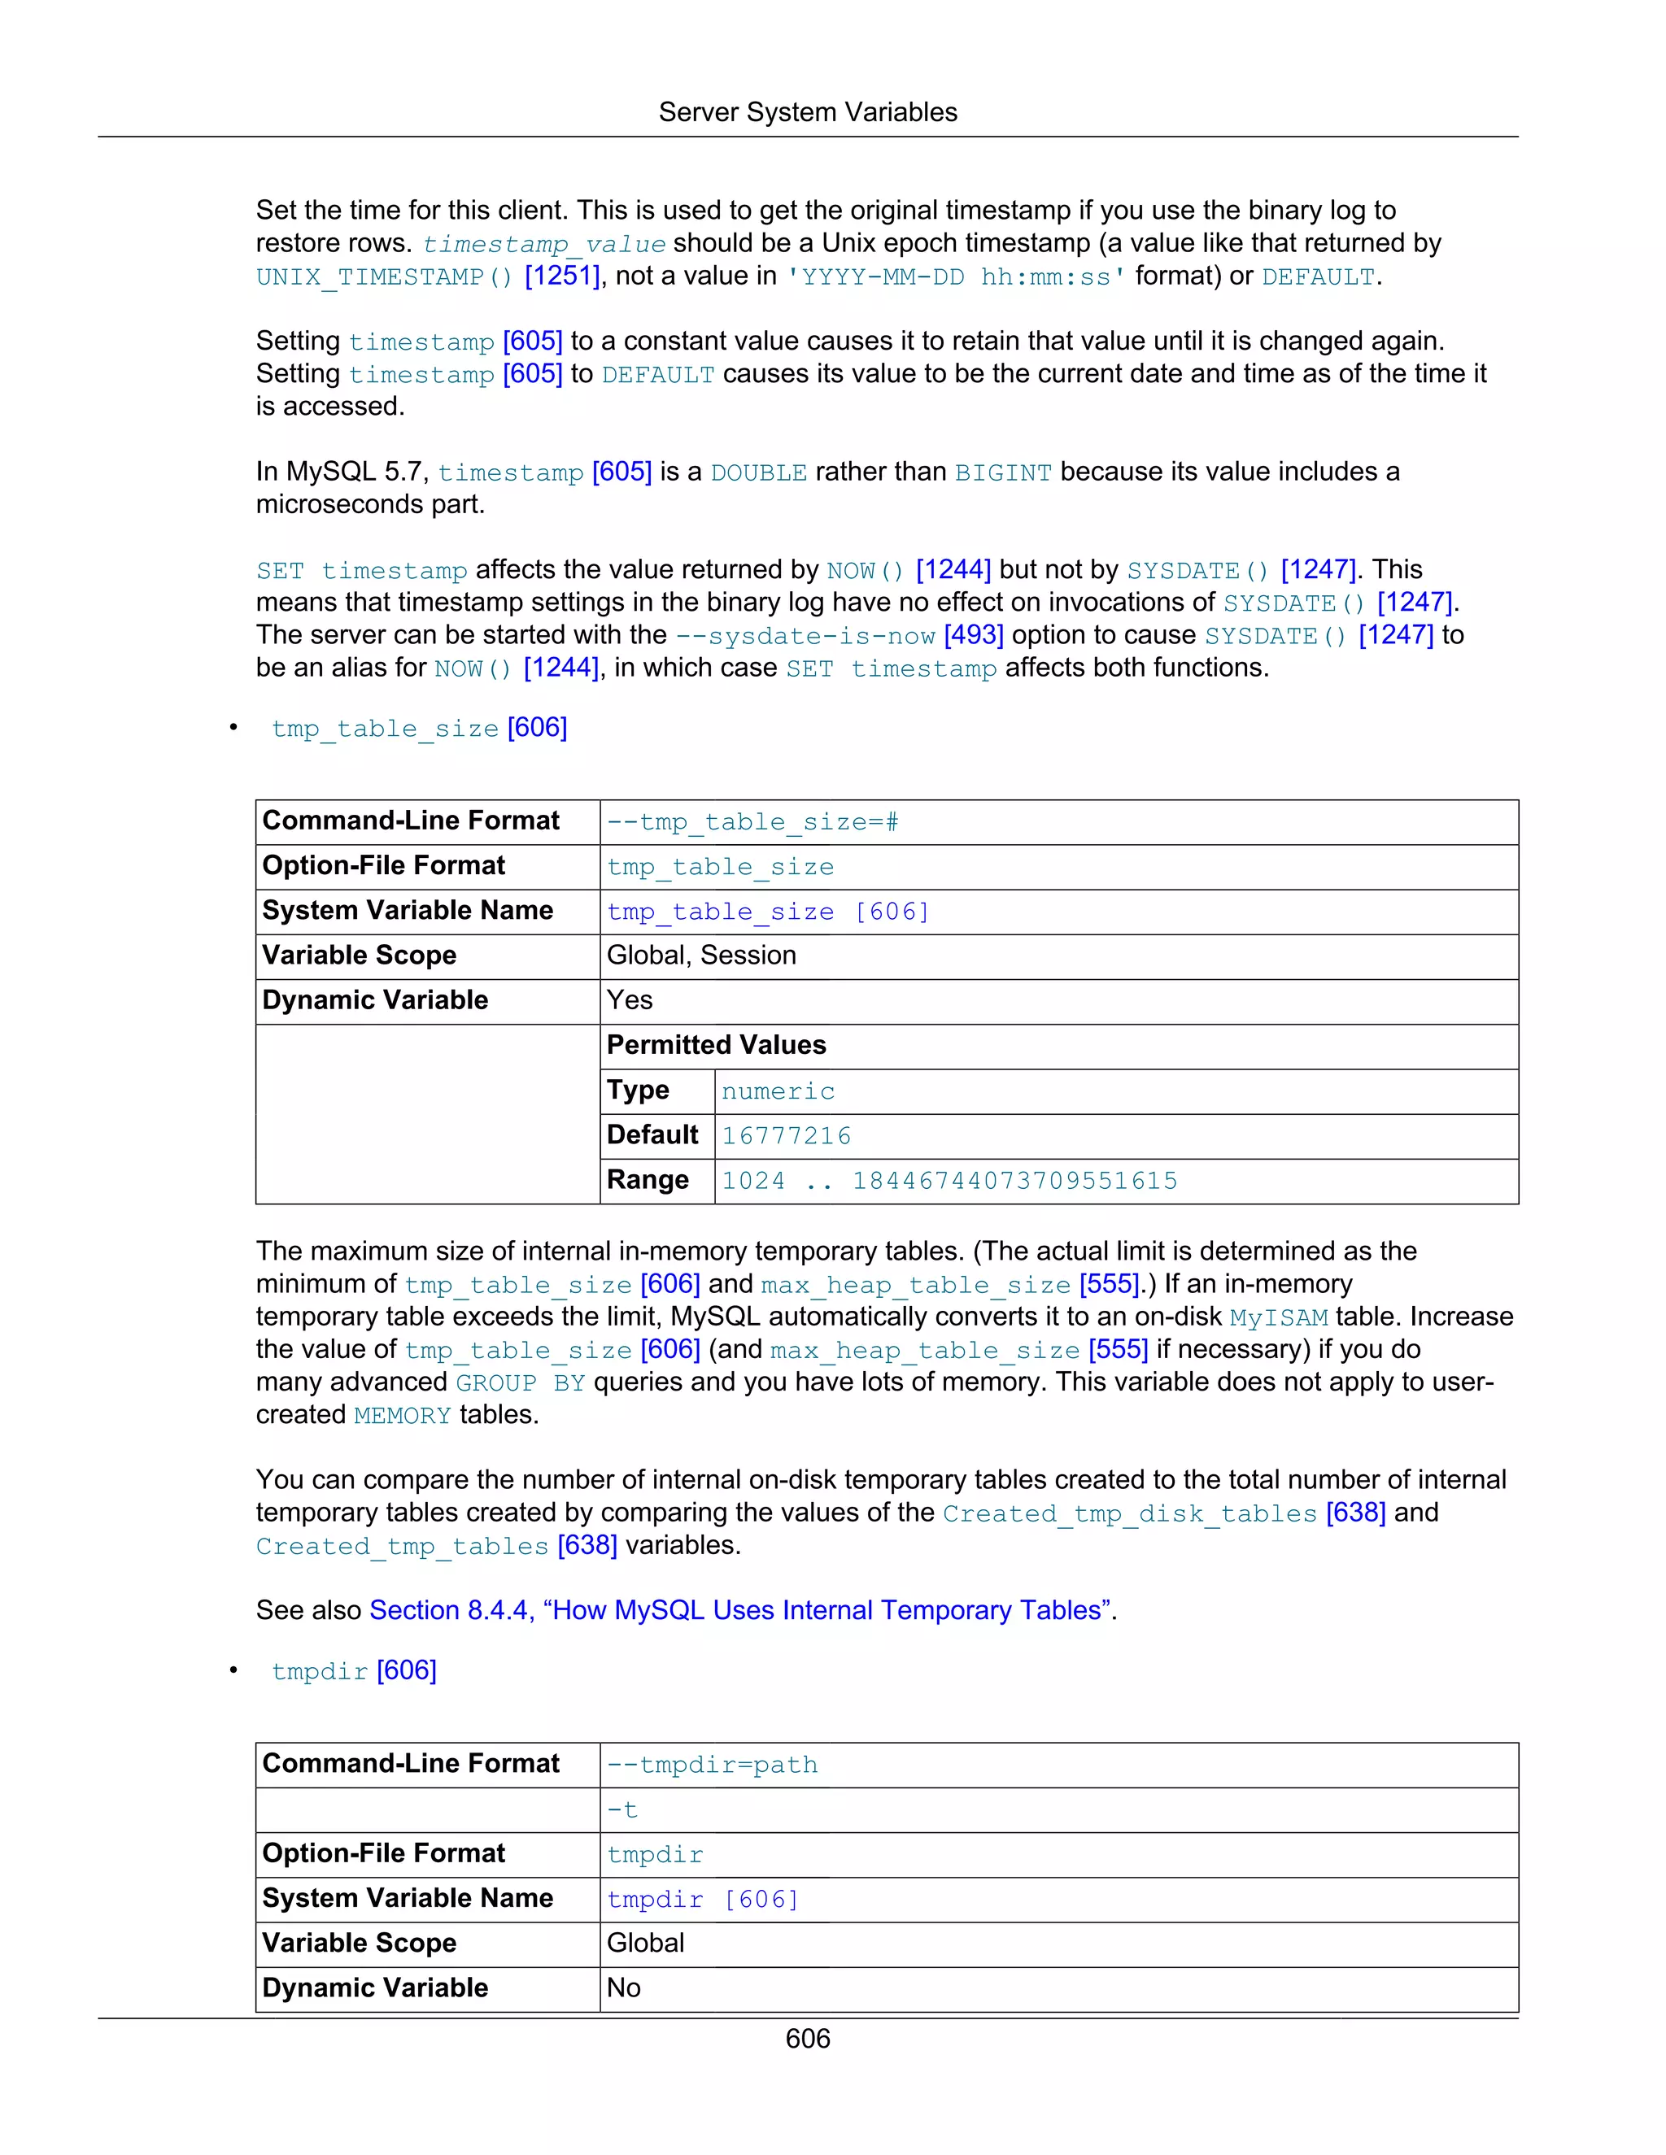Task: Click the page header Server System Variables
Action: coord(807,112)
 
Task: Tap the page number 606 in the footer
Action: coord(807,2039)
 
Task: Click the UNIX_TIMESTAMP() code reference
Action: coord(384,277)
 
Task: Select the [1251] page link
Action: coord(561,276)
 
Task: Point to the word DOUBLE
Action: coord(758,472)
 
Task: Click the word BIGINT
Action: coord(1003,472)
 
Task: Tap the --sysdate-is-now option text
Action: coord(805,637)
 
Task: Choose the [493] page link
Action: coord(973,635)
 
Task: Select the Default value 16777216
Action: coord(786,1136)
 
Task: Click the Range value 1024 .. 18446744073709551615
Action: coord(949,1181)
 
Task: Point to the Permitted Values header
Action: coord(717,1045)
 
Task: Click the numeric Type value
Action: coord(778,1091)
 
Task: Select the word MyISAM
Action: coord(1278,1318)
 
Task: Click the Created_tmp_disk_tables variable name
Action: coord(1129,1513)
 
